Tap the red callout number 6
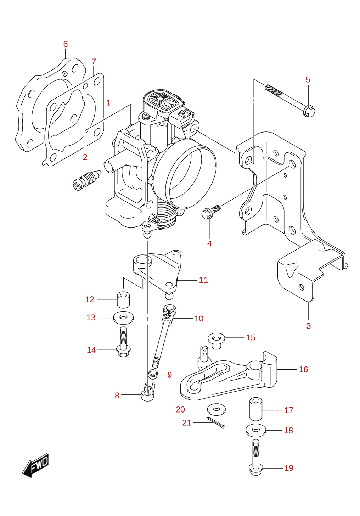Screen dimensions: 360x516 66,44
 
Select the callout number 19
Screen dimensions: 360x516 289,468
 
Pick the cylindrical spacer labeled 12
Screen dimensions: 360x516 123,299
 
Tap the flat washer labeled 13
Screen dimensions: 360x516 123,318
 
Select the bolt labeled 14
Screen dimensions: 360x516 124,342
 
